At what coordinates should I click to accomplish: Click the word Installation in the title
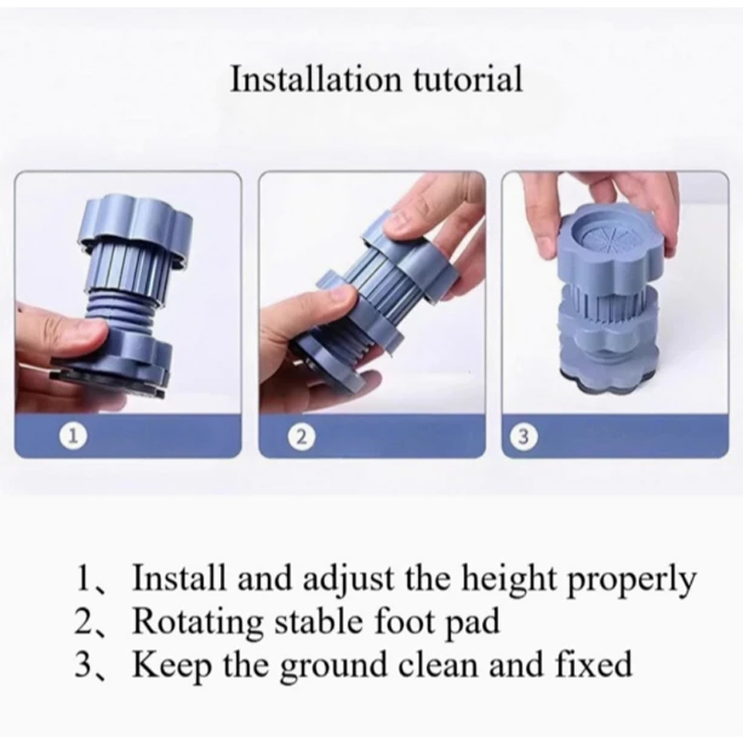pos(315,79)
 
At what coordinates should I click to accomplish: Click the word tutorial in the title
pos(468,79)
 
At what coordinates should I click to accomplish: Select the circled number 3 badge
pos(523,436)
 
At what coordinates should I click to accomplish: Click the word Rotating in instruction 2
pos(197,621)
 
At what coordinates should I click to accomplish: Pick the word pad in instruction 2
pos(474,622)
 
